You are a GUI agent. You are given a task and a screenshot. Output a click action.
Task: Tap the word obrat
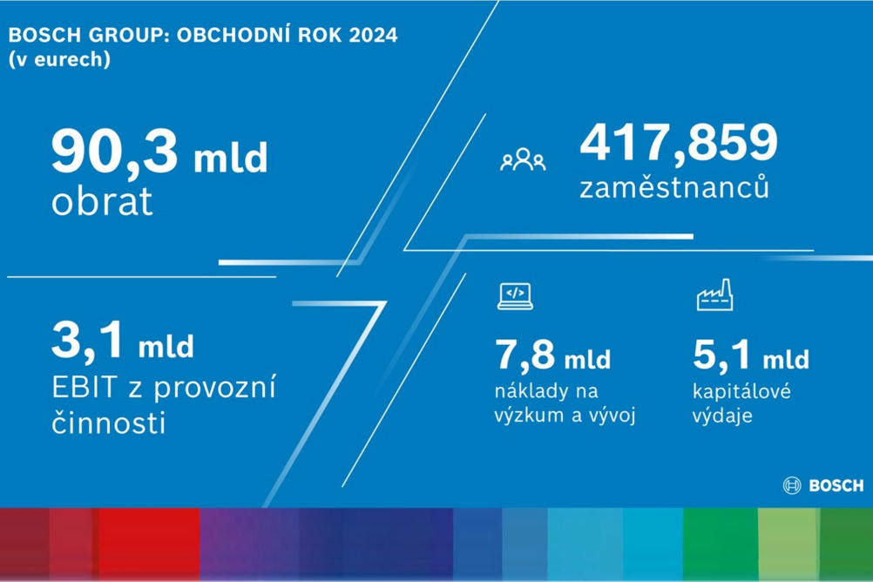(x=102, y=201)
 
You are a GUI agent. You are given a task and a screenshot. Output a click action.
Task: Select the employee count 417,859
(x=679, y=144)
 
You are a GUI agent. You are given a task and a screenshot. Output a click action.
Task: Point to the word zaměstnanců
(x=674, y=186)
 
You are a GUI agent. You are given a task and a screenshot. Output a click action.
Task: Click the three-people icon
(x=523, y=159)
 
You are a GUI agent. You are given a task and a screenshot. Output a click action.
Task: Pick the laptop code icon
(x=515, y=295)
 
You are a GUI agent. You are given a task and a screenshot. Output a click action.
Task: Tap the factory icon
(x=715, y=294)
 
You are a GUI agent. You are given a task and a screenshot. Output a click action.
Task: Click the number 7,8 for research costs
(x=525, y=355)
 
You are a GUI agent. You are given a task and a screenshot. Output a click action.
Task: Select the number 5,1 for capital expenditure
(x=721, y=355)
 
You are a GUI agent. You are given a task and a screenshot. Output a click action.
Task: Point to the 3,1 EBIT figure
(x=87, y=340)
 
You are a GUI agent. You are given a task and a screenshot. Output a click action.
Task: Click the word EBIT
(x=85, y=388)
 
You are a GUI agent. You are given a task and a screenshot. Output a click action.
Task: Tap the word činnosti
(x=109, y=423)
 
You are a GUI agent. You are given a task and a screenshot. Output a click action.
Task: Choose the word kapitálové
(x=741, y=391)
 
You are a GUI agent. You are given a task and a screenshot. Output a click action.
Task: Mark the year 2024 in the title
(x=373, y=35)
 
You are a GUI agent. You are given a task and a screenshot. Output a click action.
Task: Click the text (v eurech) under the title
(x=59, y=59)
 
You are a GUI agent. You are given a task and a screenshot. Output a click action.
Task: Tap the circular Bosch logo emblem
(x=792, y=485)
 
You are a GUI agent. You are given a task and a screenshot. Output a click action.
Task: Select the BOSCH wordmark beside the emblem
(x=836, y=485)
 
